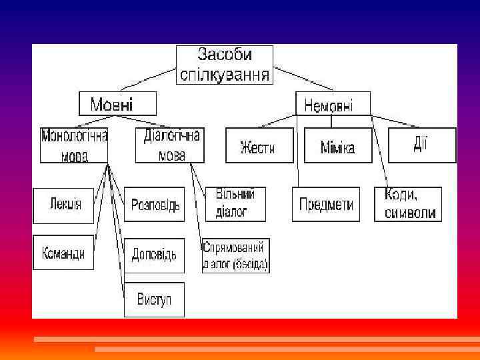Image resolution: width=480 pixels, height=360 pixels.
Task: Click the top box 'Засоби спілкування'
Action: click(x=225, y=64)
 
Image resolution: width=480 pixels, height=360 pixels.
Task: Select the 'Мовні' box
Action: click(x=117, y=104)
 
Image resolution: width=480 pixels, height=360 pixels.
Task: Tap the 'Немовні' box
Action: click(x=329, y=104)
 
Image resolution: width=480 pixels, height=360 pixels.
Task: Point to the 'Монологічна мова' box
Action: click(x=74, y=145)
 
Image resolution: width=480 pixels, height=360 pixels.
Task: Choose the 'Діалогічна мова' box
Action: click(x=171, y=145)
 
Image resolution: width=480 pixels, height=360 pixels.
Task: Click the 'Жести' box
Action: click(x=259, y=146)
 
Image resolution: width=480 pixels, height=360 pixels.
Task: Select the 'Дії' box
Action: click(x=422, y=145)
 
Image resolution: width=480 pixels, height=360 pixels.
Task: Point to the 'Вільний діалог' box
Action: click(x=235, y=203)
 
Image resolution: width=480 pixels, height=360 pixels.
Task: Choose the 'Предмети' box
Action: click(x=326, y=204)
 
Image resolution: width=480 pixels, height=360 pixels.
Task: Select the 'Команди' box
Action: click(x=63, y=253)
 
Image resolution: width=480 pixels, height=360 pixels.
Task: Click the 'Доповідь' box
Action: click(x=154, y=255)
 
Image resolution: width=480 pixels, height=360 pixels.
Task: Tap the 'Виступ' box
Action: click(x=154, y=299)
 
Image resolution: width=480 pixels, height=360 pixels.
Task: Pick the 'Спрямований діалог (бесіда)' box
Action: click(x=236, y=255)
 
